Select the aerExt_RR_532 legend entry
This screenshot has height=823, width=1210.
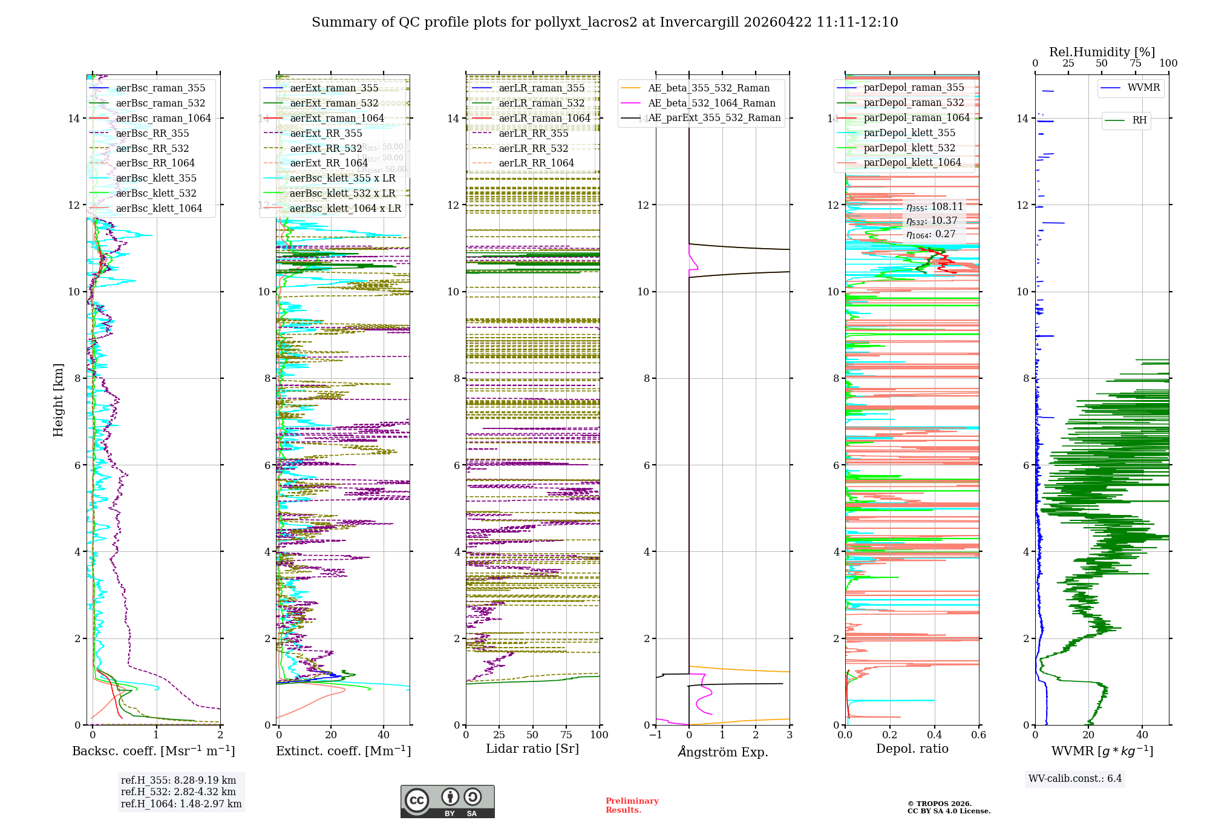325,148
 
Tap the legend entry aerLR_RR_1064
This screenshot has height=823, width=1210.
536,163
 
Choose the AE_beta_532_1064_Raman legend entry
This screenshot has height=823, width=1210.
711,103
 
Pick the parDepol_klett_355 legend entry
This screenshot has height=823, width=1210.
909,133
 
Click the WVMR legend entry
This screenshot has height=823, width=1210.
1143,88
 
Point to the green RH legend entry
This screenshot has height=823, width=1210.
1139,120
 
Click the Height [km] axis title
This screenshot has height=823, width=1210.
58,399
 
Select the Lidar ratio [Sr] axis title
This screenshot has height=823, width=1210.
532,749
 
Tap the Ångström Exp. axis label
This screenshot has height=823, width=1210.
722,752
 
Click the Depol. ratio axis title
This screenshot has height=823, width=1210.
912,749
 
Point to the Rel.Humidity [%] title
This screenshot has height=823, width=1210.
1102,52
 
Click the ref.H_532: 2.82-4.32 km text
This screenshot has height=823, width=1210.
178,792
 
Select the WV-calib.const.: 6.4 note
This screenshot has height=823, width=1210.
1074,778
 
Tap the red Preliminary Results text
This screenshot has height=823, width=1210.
632,805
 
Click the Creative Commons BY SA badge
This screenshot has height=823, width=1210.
447,801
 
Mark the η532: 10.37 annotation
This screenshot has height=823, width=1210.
932,221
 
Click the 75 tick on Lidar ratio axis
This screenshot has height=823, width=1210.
566,735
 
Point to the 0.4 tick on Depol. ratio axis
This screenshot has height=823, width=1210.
934,735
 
